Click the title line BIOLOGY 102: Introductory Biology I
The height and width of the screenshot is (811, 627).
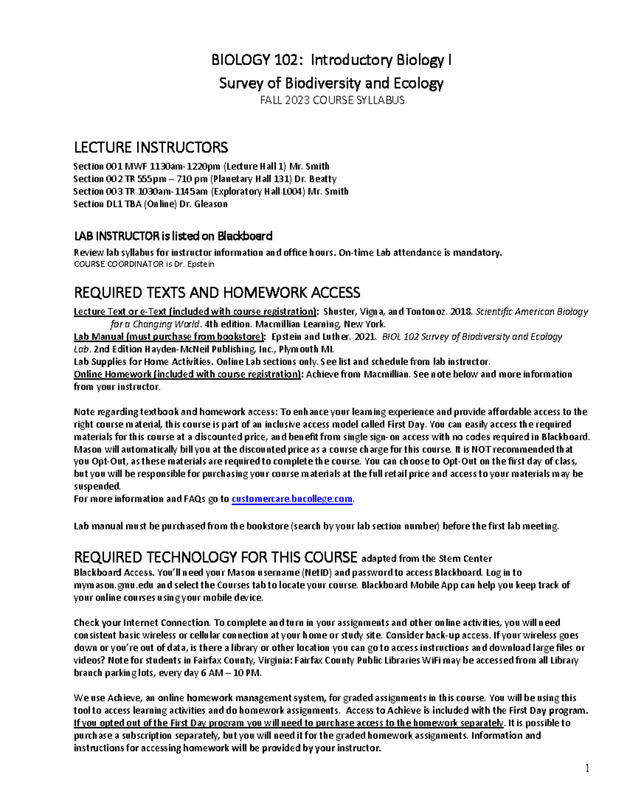[x=331, y=61]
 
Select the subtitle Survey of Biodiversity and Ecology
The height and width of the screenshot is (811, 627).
[x=331, y=83]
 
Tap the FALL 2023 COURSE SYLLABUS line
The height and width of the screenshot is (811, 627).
[x=332, y=100]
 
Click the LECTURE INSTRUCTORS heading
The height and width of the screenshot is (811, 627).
[x=151, y=147]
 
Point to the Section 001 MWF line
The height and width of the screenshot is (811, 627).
[x=201, y=167]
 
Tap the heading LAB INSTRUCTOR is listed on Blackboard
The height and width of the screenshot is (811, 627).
[x=173, y=236]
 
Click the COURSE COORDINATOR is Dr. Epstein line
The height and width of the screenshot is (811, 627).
[x=144, y=264]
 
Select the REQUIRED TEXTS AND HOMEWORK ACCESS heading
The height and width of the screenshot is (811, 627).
[x=217, y=292]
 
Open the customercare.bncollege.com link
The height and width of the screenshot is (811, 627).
[x=292, y=499]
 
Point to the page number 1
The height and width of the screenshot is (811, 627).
[x=587, y=768]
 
